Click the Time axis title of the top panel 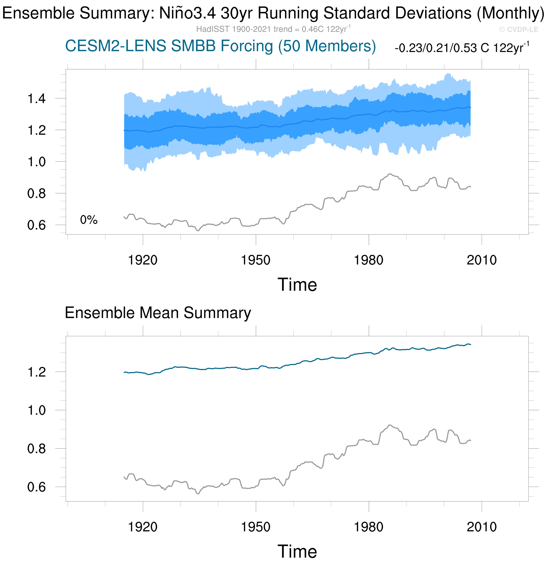[x=297, y=285]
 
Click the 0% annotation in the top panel [x=89, y=220]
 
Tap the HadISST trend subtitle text [x=273, y=29]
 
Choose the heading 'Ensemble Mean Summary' [x=158, y=313]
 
